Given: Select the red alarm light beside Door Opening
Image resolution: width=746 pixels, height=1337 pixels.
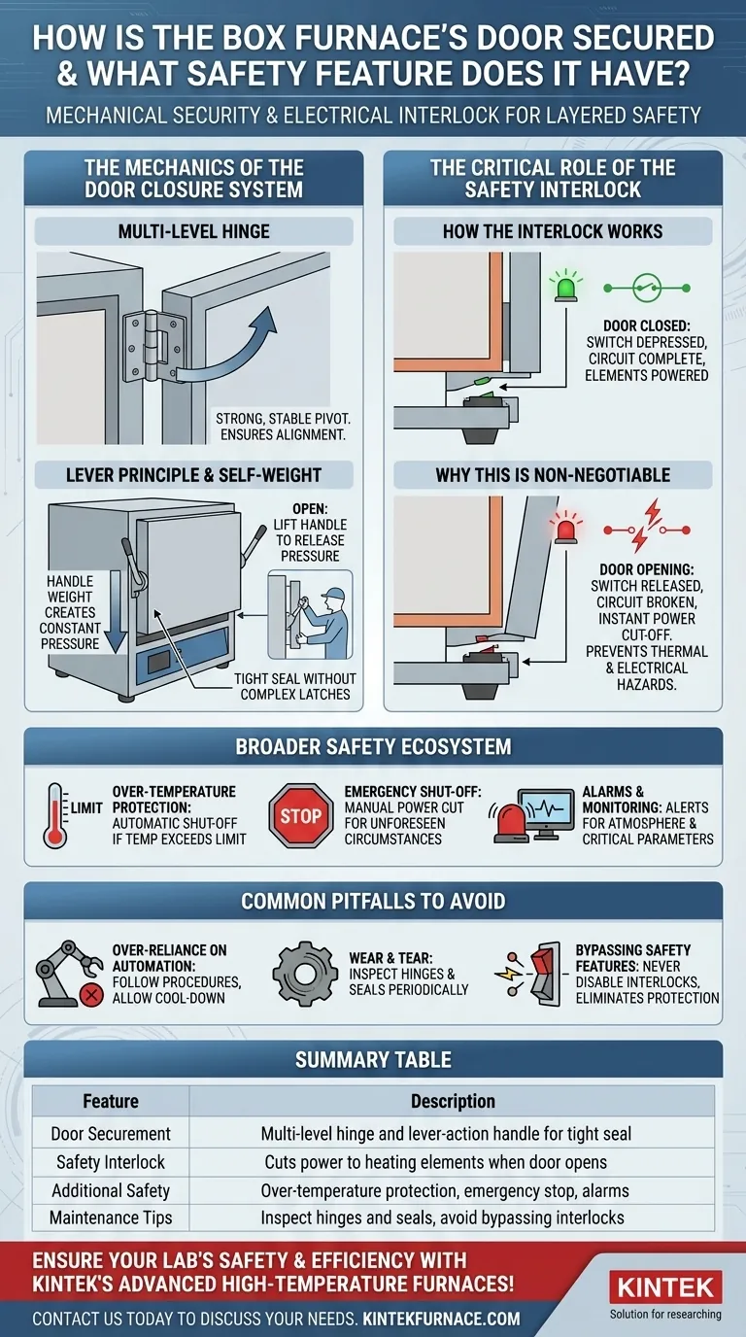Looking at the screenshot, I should [564, 528].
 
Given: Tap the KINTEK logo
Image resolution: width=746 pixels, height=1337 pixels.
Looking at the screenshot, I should [665, 1289].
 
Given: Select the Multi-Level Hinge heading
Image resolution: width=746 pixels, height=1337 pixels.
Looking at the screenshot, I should [194, 231].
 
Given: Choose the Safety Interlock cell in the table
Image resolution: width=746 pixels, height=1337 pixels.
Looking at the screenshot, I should [111, 1162].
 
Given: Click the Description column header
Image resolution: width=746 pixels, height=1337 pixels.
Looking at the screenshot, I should [452, 1101].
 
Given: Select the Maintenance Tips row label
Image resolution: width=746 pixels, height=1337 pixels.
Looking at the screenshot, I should [111, 1217].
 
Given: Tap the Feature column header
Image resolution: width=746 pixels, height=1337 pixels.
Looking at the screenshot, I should [111, 1101].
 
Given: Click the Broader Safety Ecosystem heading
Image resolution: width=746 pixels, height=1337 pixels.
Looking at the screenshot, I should [373, 747].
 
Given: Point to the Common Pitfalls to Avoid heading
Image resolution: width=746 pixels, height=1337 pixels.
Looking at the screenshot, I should [373, 901].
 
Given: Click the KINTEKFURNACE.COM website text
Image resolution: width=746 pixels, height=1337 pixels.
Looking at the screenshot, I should [441, 1319].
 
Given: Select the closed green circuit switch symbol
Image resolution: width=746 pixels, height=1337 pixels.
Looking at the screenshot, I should [647, 289].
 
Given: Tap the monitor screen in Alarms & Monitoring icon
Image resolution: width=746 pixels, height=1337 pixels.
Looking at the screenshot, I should [546, 811].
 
